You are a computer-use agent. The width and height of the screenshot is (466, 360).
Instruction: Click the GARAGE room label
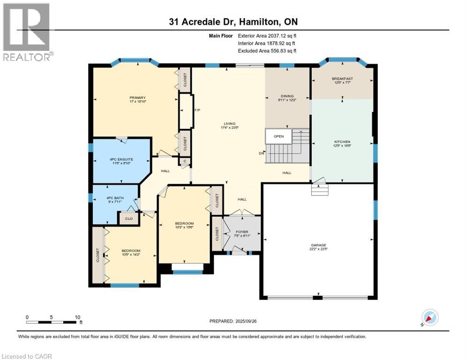pyautogui.click(x=319, y=245)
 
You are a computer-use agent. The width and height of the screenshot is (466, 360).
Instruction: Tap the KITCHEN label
pyautogui.click(x=342, y=142)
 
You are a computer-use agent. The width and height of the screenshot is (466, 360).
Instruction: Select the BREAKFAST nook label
pyautogui.click(x=342, y=79)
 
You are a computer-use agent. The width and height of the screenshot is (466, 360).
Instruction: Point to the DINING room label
pyautogui.click(x=287, y=96)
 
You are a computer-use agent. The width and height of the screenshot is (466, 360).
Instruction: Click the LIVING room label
pyautogui.click(x=229, y=124)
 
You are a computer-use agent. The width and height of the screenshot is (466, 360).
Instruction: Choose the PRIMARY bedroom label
pyautogui.click(x=138, y=98)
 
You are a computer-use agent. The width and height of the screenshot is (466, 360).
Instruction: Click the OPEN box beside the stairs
pyautogui.click(x=279, y=136)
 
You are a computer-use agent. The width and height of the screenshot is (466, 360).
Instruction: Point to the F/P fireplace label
pyautogui.click(x=197, y=110)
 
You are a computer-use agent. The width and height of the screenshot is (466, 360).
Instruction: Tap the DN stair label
pyautogui.click(x=261, y=153)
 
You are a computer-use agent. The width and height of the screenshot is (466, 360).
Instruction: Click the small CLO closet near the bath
pyautogui.click(x=128, y=218)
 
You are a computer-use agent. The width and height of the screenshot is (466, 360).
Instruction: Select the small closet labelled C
pyautogui.click(x=185, y=161)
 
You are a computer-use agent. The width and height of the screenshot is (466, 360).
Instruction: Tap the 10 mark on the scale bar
pyautogui.click(x=77, y=316)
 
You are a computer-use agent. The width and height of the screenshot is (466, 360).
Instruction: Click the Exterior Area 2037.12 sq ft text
pyautogui.click(x=267, y=35)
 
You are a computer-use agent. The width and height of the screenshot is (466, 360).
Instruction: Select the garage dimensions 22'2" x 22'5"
pyautogui.click(x=319, y=249)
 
